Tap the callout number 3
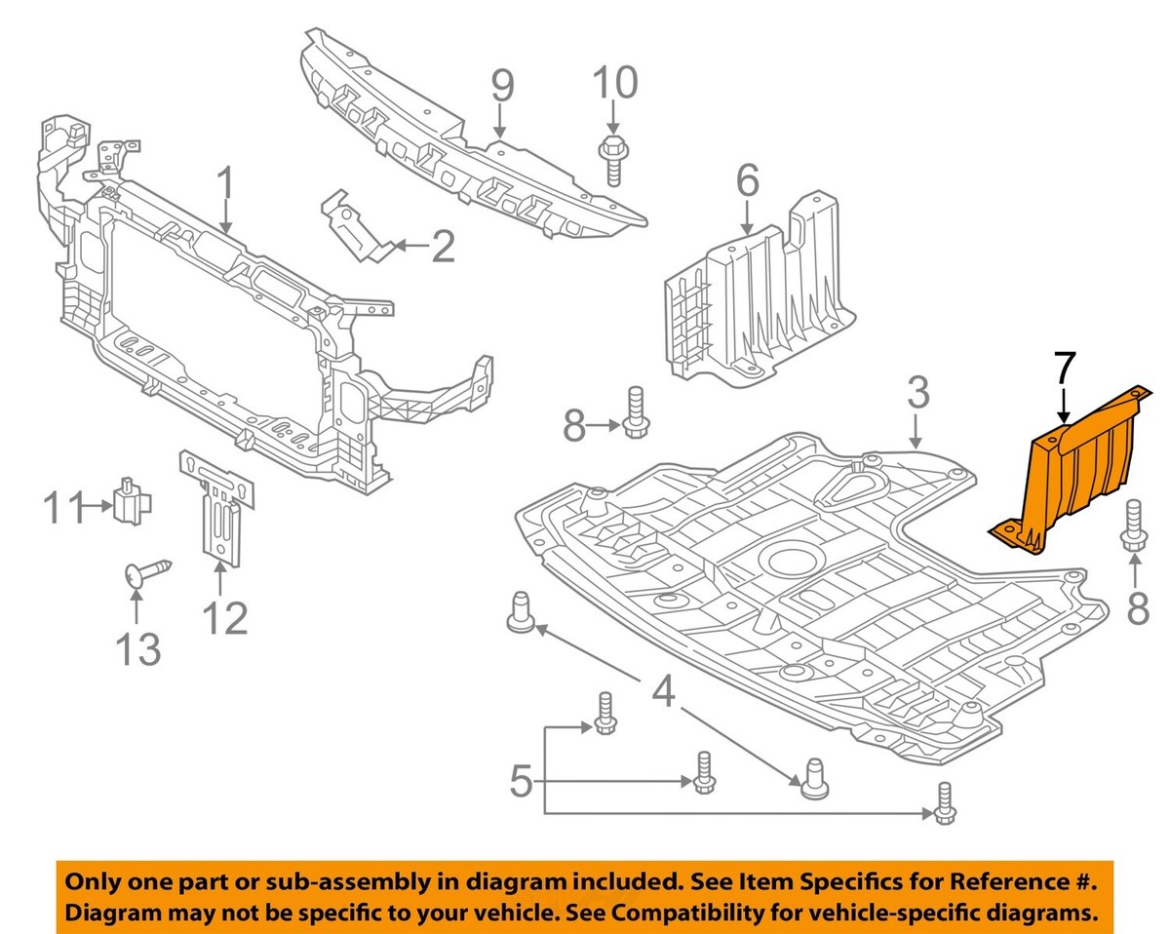(916, 395)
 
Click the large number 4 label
(664, 693)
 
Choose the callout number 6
(747, 180)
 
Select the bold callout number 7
(1064, 370)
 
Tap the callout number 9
(501, 89)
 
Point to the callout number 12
(225, 616)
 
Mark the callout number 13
(138, 648)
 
